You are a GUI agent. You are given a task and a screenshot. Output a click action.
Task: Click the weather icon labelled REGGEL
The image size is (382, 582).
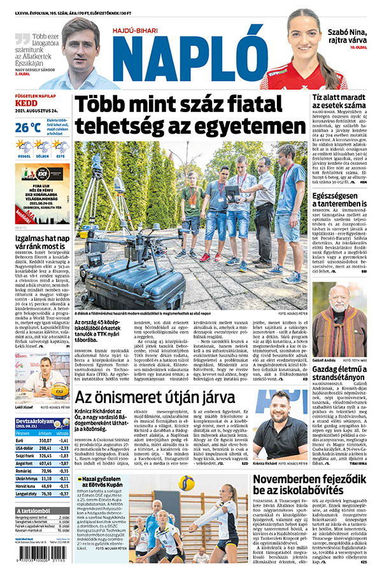pos(24,147)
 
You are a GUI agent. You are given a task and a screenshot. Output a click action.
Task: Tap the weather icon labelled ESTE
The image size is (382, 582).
pos(60,147)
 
